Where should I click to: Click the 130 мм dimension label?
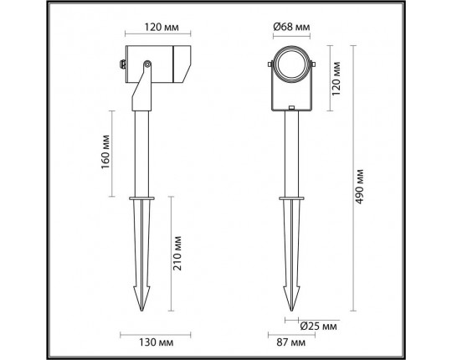pos(157,342)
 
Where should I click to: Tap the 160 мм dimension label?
pos(105,152)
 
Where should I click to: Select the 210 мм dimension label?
pos(177,253)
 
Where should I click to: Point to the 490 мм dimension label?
pos(359,187)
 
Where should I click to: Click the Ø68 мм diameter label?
pos(291,27)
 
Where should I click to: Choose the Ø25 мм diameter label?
pos(318,327)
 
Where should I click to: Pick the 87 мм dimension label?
pos(291,342)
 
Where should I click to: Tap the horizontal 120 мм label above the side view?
pos(162,27)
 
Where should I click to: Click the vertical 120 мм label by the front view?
pos(336,79)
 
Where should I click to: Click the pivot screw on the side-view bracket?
pos(147,64)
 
